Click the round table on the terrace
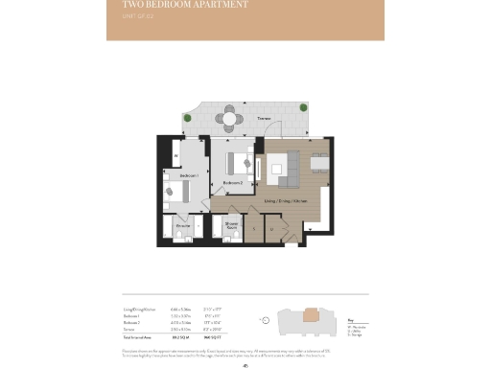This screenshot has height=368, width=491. point(227,120)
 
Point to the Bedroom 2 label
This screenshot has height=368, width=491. point(233,182)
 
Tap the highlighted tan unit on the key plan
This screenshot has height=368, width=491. point(312,315)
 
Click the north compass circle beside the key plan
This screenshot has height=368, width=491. point(262,319)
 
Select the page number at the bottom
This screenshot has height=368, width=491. point(245,362)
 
